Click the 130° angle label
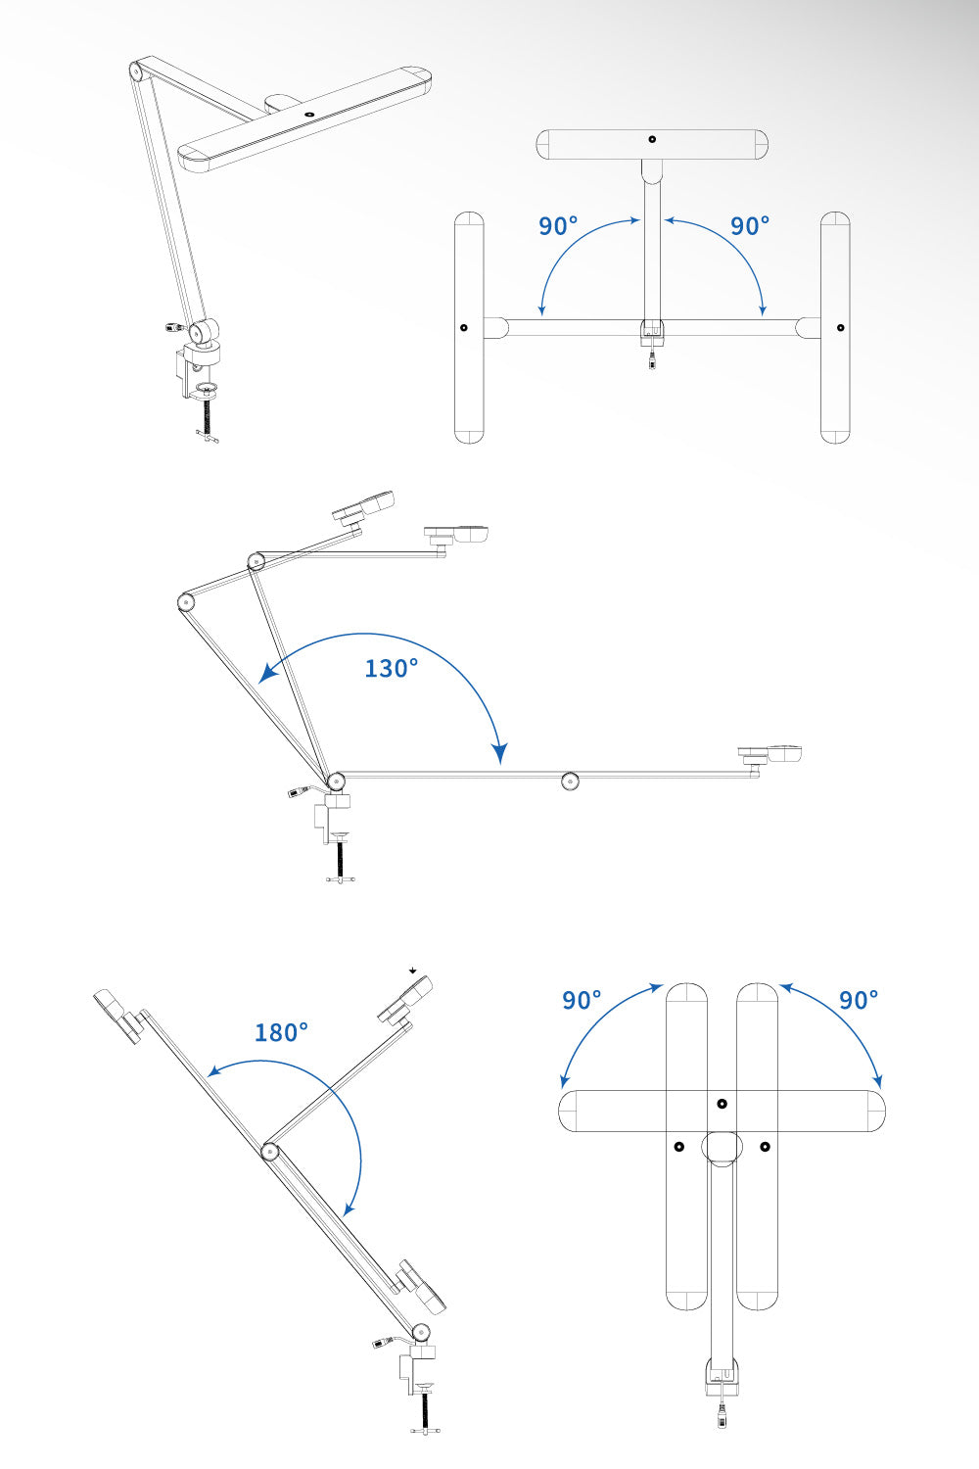[x=391, y=668]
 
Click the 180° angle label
[x=281, y=1032]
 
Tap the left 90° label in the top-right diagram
[x=558, y=226]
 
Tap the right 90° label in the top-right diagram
[x=750, y=226]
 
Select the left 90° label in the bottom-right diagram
[x=582, y=1000]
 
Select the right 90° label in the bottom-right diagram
[x=859, y=1000]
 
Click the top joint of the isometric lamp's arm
[x=135, y=71]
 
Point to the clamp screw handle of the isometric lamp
[x=208, y=438]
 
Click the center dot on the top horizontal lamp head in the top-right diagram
[x=652, y=140]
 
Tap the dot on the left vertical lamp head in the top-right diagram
[x=464, y=328]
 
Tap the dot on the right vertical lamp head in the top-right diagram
[x=840, y=328]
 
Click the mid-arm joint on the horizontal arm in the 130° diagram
[x=570, y=781]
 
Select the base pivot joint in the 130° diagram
[x=336, y=781]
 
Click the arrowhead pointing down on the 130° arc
[x=500, y=752]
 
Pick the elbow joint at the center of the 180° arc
[x=269, y=1151]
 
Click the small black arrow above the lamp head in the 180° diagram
[x=414, y=970]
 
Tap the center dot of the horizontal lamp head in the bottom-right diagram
[x=722, y=1104]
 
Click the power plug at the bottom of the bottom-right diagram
[x=722, y=1415]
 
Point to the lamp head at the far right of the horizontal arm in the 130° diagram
[x=771, y=754]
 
